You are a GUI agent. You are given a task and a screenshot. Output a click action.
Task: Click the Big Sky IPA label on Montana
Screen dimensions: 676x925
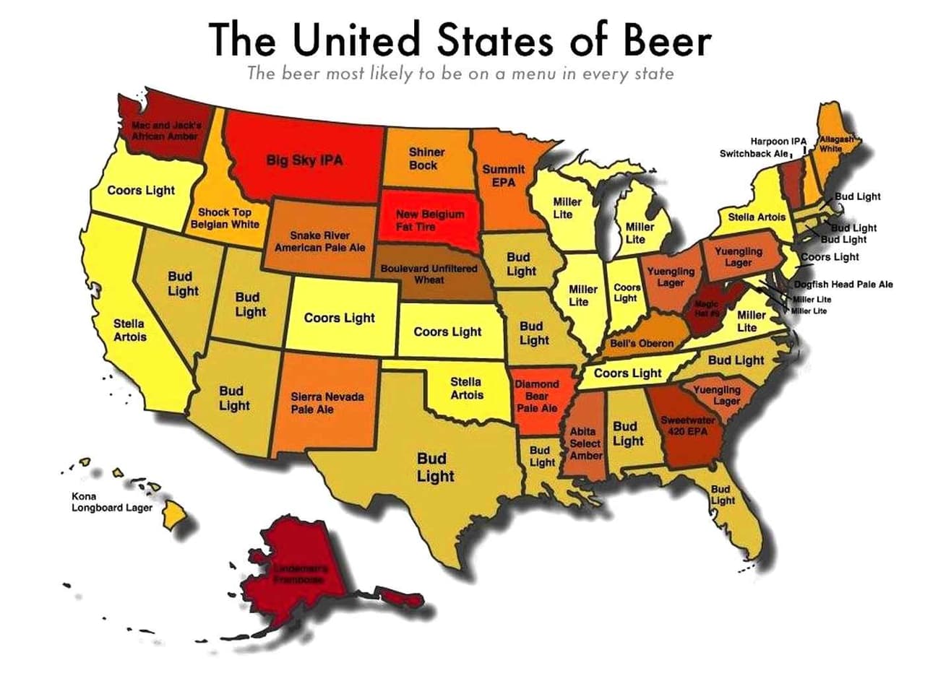click(304, 160)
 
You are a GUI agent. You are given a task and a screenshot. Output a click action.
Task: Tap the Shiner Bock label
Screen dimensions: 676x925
click(426, 159)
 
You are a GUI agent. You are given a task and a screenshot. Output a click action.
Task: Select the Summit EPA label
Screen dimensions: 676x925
click(499, 175)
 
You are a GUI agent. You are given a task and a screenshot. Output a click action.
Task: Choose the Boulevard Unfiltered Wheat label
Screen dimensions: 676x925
click(429, 274)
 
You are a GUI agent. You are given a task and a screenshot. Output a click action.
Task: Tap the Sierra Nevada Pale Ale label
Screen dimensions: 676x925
click(327, 403)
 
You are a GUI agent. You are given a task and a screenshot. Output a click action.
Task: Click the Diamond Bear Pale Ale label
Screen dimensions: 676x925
click(537, 396)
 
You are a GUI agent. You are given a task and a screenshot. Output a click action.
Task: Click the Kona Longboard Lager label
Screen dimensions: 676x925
click(111, 502)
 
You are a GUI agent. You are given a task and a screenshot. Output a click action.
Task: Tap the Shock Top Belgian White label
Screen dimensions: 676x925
click(225, 218)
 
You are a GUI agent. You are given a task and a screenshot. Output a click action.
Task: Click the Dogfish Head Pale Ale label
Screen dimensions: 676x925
click(843, 285)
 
